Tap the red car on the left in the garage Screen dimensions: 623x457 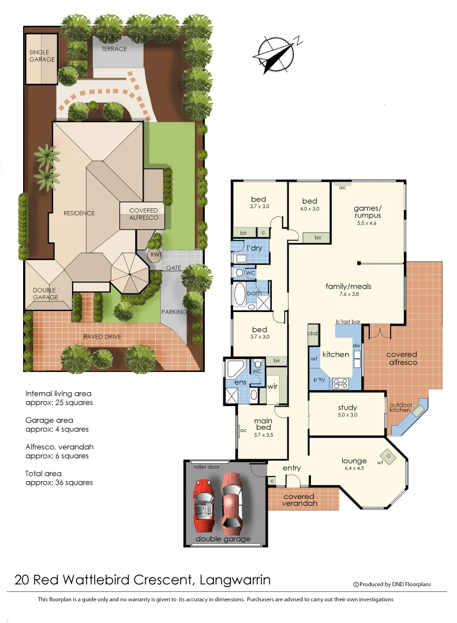coord(203,501)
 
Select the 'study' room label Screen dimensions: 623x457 coord(347,408)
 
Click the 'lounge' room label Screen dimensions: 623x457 coord(354,460)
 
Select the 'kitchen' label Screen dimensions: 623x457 coord(335,354)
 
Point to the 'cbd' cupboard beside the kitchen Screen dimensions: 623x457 coord(313,333)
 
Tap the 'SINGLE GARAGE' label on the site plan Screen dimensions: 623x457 coord(42,55)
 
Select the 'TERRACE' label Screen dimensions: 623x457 coord(114,49)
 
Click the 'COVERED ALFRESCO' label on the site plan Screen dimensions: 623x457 coord(143,214)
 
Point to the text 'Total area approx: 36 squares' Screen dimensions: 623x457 coord(59,478)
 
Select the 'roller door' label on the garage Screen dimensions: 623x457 coord(207,466)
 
